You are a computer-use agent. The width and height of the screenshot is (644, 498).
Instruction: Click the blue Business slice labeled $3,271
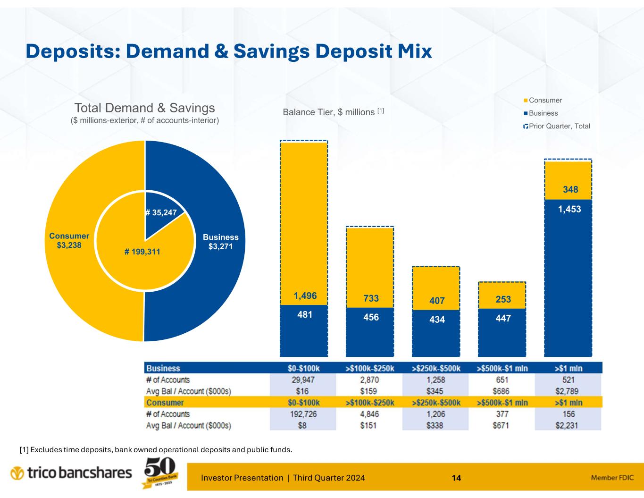click(x=220, y=241)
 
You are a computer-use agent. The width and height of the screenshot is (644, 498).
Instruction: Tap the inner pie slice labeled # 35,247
click(x=160, y=213)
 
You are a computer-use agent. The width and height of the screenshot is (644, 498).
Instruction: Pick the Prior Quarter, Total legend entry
click(x=556, y=126)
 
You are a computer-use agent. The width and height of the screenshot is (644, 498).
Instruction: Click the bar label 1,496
click(x=305, y=296)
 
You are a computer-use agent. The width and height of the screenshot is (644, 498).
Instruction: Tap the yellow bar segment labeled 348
click(x=569, y=190)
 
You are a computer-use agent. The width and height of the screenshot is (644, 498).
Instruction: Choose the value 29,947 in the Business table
click(x=303, y=380)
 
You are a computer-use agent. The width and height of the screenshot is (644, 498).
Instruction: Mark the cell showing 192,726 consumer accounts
click(x=303, y=414)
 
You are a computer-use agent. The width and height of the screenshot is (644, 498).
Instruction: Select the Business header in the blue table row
click(x=163, y=368)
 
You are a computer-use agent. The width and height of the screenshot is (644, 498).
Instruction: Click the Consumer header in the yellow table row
click(x=165, y=403)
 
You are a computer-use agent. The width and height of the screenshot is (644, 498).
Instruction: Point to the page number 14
click(x=456, y=478)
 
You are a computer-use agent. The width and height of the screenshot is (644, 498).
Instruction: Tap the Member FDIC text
click(x=611, y=478)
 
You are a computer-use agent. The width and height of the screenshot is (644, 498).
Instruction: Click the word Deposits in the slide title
click(x=71, y=51)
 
